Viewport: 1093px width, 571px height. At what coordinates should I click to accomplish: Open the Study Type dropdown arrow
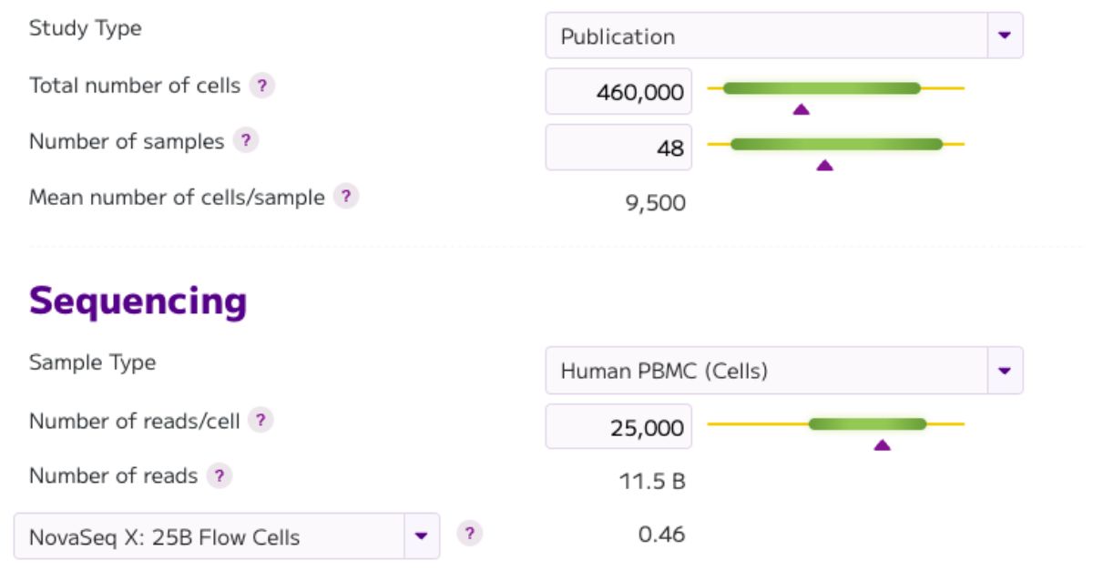click(1005, 36)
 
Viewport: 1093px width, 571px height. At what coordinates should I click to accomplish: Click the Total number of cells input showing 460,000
click(618, 92)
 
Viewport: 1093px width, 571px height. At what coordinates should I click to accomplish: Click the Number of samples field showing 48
click(618, 148)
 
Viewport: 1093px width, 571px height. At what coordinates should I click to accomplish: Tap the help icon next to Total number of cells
click(262, 86)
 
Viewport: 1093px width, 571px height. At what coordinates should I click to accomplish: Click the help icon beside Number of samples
click(245, 141)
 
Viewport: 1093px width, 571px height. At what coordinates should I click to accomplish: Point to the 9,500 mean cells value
click(655, 202)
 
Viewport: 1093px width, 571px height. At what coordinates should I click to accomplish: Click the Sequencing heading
click(138, 301)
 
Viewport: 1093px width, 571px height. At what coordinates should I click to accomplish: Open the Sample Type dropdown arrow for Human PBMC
click(1005, 371)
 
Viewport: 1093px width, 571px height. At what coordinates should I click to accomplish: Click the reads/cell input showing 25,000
click(618, 427)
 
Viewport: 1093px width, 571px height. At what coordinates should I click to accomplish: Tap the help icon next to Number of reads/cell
click(261, 421)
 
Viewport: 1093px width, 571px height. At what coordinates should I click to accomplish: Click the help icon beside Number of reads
click(219, 475)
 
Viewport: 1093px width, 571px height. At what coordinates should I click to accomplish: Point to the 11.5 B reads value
click(651, 481)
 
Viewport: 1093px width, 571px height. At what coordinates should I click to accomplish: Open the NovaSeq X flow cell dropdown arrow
click(421, 535)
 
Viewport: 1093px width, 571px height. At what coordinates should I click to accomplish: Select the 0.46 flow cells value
click(661, 535)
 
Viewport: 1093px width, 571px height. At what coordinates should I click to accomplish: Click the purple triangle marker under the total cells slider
click(801, 109)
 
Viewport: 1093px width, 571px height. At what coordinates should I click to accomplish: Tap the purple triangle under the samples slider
click(824, 165)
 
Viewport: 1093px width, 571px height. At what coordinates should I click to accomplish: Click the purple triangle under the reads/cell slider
click(882, 444)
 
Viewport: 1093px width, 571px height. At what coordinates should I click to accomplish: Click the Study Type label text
click(85, 28)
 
